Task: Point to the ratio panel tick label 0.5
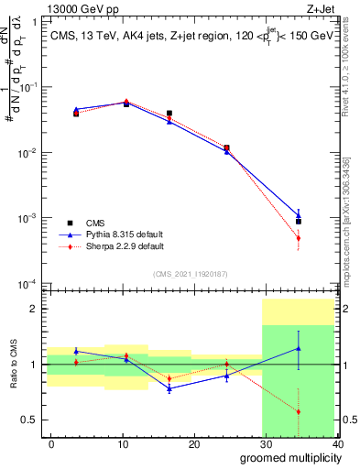click(x=29, y=420)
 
